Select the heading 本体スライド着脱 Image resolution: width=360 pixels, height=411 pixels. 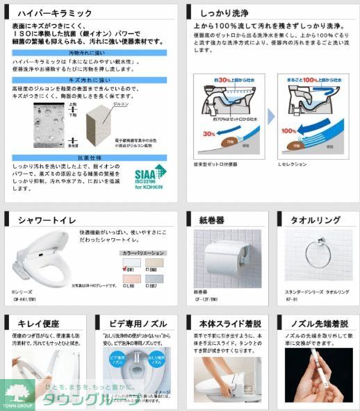click(x=229, y=323)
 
